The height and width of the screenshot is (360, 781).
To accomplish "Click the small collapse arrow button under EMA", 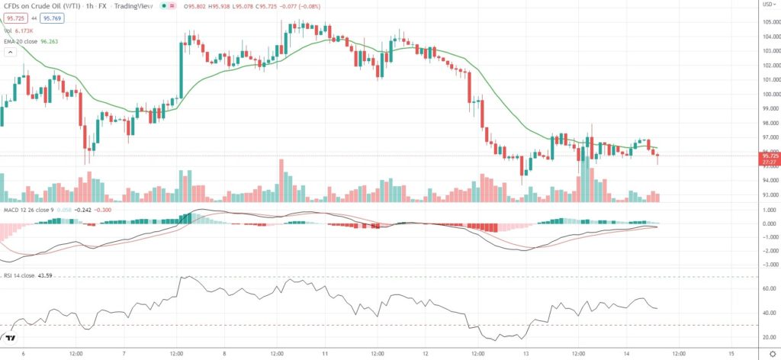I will [10, 53].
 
